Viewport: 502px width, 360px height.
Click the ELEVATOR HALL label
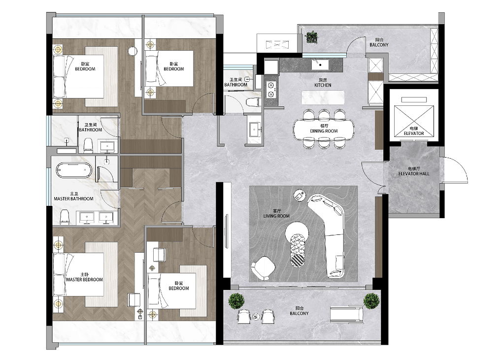coord(414,173)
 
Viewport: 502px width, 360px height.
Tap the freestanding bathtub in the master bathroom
coord(74,170)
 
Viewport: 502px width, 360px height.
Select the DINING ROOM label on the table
coord(324,131)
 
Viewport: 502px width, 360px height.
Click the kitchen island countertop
coord(323,98)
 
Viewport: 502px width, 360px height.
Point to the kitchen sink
coord(319,65)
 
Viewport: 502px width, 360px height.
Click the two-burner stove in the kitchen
coord(271,89)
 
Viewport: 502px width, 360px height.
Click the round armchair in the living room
coord(264,268)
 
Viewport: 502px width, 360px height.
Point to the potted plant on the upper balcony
coord(311,37)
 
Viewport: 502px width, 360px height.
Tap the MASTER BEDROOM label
coord(85,279)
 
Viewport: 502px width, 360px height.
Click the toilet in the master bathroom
coord(65,217)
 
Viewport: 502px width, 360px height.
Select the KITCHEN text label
coord(323,85)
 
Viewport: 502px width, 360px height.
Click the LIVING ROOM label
coord(276,216)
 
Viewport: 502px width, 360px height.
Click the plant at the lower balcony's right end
coord(371,301)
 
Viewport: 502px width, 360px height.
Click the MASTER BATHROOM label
coord(73,199)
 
